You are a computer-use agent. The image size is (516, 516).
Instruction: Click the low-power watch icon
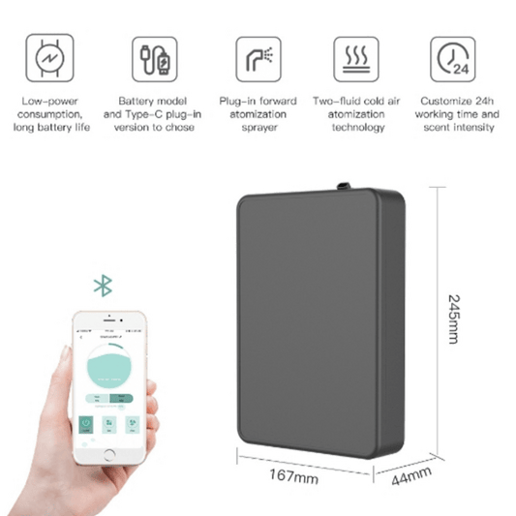click(x=46, y=57)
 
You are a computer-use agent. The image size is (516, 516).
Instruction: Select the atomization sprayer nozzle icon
click(x=256, y=58)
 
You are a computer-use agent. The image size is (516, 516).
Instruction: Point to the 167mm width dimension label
click(x=296, y=476)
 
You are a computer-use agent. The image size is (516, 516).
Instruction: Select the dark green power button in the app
click(x=85, y=422)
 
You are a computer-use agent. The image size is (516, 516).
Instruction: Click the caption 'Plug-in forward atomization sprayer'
click(x=256, y=112)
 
